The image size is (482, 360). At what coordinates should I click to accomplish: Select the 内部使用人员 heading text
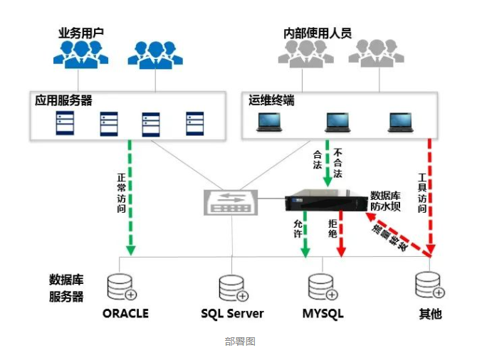pos(318,33)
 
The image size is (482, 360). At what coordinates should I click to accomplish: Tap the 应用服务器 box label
pos(64,100)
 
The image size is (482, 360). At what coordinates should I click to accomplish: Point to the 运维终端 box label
pos(271,100)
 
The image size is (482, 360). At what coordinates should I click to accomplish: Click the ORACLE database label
pos(125,313)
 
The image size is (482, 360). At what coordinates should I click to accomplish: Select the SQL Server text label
pos(232,313)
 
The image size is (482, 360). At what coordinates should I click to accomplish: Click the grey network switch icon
pos(231,202)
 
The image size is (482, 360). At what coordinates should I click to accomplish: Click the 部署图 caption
pos(240,342)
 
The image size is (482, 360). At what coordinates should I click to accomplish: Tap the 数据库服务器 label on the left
pos(66,287)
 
